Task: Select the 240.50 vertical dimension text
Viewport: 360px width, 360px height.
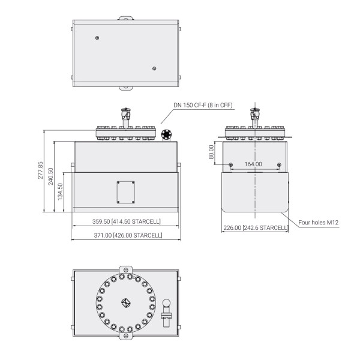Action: click(x=51, y=176)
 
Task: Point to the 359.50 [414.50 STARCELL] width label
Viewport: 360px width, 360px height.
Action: click(x=125, y=221)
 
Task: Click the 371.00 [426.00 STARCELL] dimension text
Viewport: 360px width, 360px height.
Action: click(x=125, y=235)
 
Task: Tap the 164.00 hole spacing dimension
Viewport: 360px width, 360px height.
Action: click(x=254, y=164)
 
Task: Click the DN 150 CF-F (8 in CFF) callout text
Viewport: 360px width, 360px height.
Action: click(x=203, y=105)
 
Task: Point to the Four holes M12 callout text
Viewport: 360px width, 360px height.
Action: click(x=320, y=222)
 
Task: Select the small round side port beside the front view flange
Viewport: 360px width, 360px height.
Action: click(x=166, y=134)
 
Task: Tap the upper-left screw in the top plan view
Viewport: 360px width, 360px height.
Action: click(x=97, y=38)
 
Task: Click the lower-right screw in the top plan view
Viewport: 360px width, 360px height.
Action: click(x=154, y=68)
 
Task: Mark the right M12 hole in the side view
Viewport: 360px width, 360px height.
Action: click(x=278, y=165)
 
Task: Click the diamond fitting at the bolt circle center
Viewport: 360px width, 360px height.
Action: click(x=125, y=302)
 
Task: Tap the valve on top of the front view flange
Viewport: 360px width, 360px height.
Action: click(x=125, y=114)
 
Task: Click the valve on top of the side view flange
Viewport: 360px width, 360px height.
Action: click(x=255, y=114)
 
